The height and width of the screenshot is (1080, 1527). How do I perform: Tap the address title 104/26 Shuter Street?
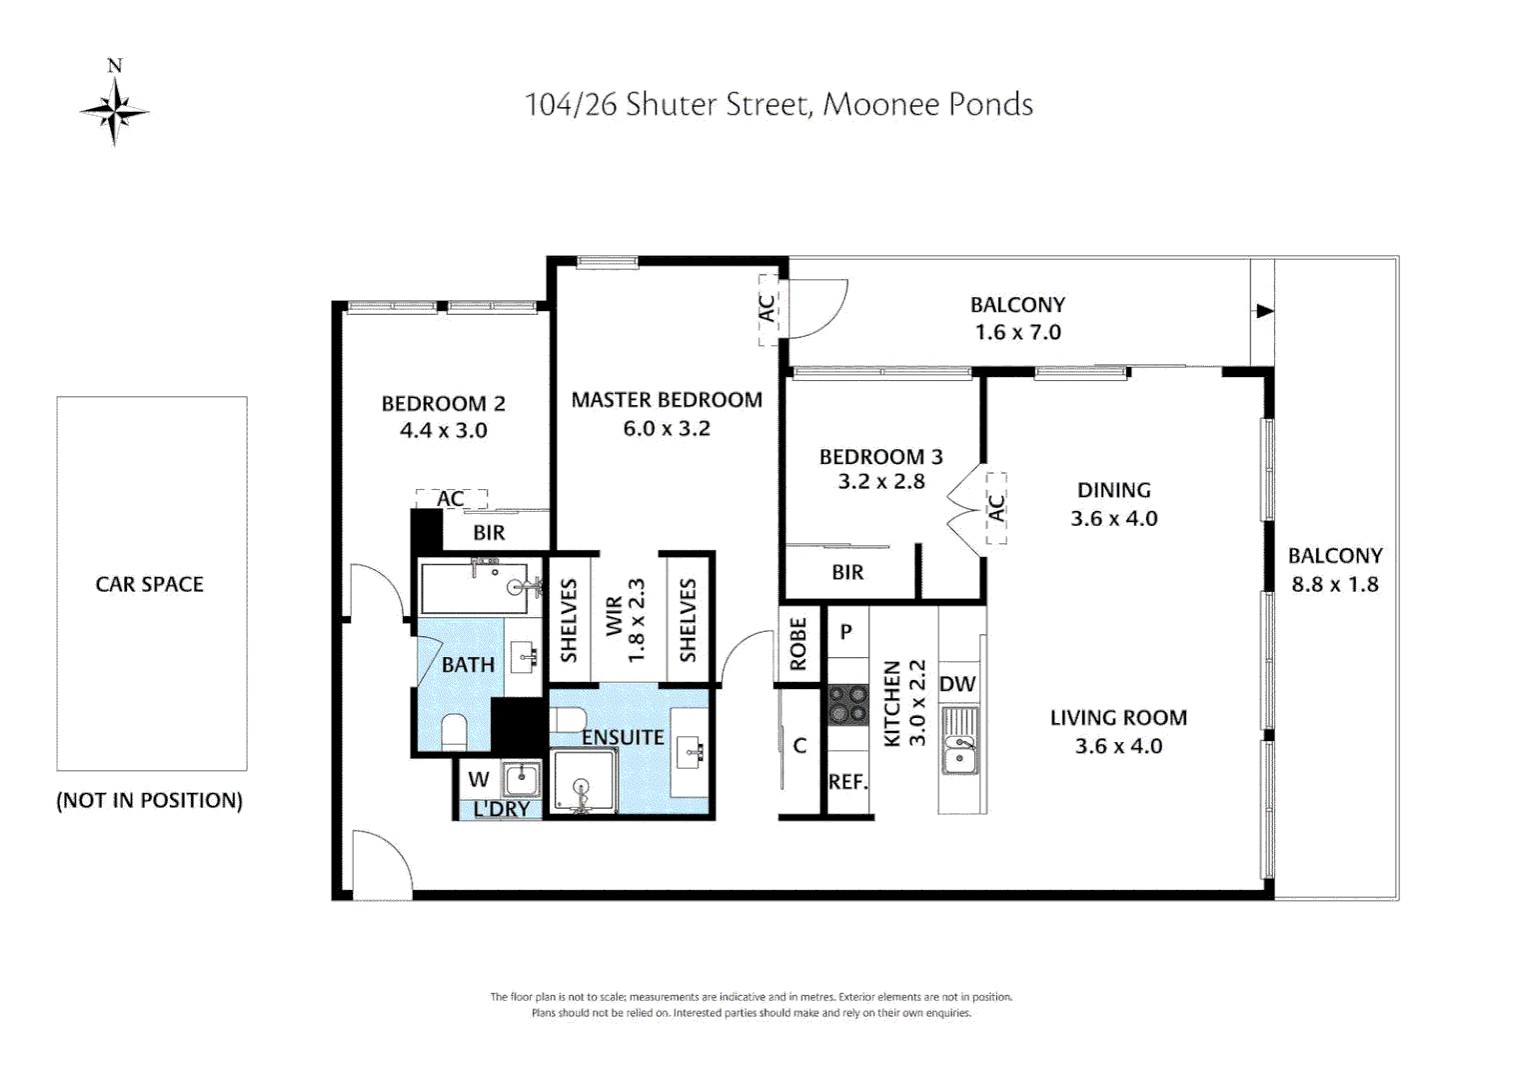click(x=778, y=105)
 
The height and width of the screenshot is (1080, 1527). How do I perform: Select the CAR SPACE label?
click(x=150, y=584)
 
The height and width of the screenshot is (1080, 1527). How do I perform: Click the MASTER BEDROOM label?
click(x=667, y=400)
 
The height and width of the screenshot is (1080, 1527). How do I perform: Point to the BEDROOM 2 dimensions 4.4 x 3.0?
click(x=444, y=431)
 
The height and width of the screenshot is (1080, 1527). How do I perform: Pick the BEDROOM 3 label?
click(x=880, y=457)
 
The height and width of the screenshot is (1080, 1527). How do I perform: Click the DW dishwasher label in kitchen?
click(x=957, y=685)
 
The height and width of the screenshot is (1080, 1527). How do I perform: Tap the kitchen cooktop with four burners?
click(x=848, y=703)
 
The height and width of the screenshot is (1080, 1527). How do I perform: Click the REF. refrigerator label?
click(x=847, y=782)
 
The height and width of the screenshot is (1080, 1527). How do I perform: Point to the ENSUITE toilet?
click(x=569, y=719)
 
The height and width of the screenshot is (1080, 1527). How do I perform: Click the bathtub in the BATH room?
click(x=476, y=588)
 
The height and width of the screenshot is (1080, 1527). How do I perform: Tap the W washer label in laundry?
click(x=479, y=779)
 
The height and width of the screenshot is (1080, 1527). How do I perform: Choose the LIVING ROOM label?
click(x=1118, y=718)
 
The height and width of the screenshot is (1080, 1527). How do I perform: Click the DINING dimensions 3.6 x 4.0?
click(x=1114, y=519)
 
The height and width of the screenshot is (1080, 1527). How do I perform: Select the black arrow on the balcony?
click(x=1264, y=311)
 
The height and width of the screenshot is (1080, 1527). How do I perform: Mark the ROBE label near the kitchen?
click(x=798, y=643)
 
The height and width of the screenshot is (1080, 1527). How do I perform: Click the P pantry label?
click(x=846, y=632)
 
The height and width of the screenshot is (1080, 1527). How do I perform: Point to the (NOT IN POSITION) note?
click(x=150, y=801)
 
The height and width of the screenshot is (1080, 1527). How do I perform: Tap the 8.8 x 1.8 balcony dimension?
click(x=1335, y=585)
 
